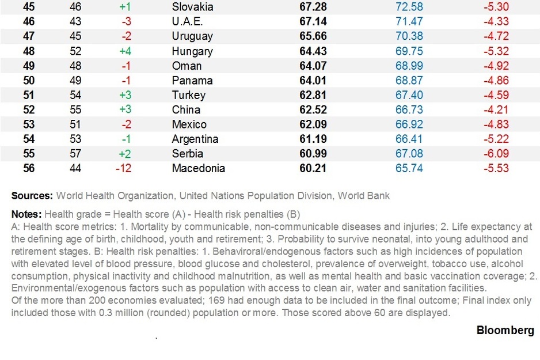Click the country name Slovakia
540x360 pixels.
click(192, 7)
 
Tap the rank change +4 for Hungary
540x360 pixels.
click(126, 51)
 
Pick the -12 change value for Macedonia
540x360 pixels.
click(124, 169)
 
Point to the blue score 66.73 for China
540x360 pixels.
click(409, 110)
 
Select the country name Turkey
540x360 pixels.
click(188, 95)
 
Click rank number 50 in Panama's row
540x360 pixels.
click(28, 81)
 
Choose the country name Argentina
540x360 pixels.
click(195, 139)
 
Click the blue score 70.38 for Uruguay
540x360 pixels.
click(409, 36)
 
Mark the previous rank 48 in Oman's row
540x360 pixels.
click(75, 66)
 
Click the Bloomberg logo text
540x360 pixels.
click(505, 330)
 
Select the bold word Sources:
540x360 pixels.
click(32, 196)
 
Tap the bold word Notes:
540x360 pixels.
click(26, 214)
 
